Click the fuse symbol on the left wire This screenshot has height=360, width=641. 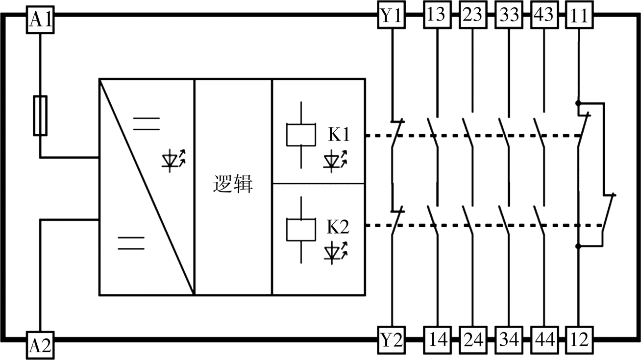point(40,116)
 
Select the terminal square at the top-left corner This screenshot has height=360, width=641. point(40,20)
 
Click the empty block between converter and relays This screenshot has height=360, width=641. point(233,187)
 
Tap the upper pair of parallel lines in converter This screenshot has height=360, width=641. point(146,123)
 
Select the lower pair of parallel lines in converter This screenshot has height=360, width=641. point(131,243)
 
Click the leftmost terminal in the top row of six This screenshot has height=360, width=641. point(391,14)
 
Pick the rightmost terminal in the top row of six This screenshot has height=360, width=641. point(580,14)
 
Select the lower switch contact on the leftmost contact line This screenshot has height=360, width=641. point(397,220)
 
